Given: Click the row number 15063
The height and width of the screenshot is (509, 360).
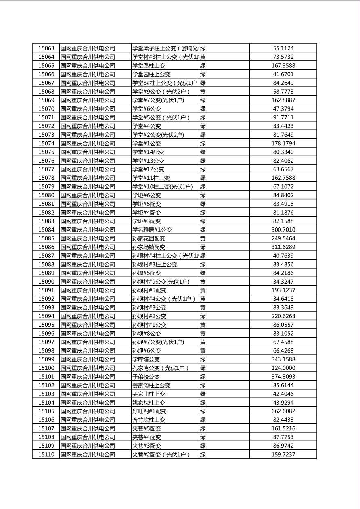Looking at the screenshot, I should click(46, 48).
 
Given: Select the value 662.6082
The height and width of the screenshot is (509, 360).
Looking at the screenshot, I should click(283, 411).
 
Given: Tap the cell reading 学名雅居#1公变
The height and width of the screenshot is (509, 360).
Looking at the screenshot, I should click(152, 230).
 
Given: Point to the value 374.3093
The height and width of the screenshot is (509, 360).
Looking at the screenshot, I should click(283, 377).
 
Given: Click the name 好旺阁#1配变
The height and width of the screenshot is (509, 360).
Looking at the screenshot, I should click(149, 411).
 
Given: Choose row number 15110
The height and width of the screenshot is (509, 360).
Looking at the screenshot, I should click(46, 455).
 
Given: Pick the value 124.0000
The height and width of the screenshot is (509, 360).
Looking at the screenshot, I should click(283, 368).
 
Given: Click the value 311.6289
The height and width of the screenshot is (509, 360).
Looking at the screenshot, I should click(283, 247).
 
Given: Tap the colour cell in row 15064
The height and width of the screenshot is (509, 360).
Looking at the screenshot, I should click(203, 57).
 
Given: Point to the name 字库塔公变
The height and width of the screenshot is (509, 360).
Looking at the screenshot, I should click(146, 359).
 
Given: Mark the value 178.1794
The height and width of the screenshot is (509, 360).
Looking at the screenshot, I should click(283, 144).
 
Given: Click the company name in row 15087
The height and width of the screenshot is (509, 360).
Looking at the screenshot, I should click(88, 256).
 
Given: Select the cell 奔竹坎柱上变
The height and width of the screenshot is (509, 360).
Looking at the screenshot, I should click(149, 420).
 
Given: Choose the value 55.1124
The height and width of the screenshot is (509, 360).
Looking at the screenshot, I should click(283, 48).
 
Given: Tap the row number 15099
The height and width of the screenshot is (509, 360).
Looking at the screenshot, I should click(46, 359).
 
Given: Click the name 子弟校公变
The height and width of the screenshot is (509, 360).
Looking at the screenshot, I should click(146, 377).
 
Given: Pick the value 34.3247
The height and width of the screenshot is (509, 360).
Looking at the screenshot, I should click(283, 282).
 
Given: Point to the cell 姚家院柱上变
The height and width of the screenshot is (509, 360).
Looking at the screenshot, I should click(149, 403).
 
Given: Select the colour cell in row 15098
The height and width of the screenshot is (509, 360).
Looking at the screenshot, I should click(203, 351).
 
